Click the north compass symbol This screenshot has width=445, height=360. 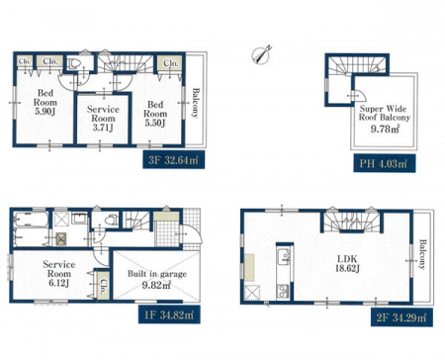261,54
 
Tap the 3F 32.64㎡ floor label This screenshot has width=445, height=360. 173,160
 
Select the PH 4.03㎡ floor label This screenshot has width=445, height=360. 385,163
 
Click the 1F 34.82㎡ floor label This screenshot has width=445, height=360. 169,315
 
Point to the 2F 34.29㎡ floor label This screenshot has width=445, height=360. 401,317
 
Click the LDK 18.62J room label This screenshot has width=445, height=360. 347,263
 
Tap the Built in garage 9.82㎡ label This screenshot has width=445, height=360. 157,279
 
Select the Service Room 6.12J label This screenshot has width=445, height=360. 58,274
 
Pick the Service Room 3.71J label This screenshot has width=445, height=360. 103,119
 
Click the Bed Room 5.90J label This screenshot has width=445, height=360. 45,102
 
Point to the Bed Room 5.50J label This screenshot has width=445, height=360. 155,114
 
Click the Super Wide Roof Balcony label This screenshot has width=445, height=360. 385,113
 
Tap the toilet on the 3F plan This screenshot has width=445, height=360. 74,62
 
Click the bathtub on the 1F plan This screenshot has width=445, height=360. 31,220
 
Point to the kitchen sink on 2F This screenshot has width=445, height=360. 284,256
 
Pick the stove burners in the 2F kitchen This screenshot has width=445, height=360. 284,291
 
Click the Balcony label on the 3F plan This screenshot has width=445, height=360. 196,102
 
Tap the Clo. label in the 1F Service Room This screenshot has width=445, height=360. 103,286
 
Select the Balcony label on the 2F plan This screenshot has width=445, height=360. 422,254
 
